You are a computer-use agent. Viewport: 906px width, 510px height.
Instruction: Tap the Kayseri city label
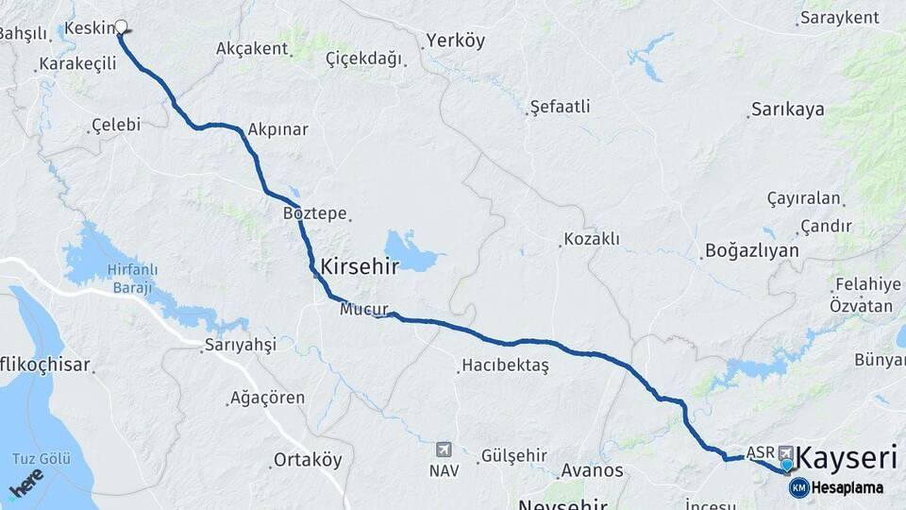click(x=847, y=459)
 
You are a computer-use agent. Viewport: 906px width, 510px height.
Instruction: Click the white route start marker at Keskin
click(x=121, y=27)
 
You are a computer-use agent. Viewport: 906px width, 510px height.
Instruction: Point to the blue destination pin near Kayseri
click(x=786, y=465)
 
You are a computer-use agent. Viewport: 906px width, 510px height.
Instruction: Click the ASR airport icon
click(x=784, y=452)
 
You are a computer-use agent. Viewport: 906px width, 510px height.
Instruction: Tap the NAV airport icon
click(x=444, y=450)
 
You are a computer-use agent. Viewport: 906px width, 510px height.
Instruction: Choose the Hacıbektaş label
click(x=505, y=365)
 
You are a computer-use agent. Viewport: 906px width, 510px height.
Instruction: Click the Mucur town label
click(x=364, y=309)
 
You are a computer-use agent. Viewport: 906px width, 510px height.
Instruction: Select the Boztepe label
click(x=315, y=213)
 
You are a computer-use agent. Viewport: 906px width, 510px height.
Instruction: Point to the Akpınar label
click(x=278, y=129)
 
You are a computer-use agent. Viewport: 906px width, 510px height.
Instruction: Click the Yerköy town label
click(x=455, y=41)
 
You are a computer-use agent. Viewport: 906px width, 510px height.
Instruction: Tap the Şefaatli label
click(x=560, y=107)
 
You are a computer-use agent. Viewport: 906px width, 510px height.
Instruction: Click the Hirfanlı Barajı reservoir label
click(x=131, y=279)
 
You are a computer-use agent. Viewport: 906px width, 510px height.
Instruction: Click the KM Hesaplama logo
click(x=836, y=487)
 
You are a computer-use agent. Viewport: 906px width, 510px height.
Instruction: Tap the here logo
click(x=25, y=482)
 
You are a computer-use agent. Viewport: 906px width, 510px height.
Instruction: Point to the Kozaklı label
click(x=592, y=239)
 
